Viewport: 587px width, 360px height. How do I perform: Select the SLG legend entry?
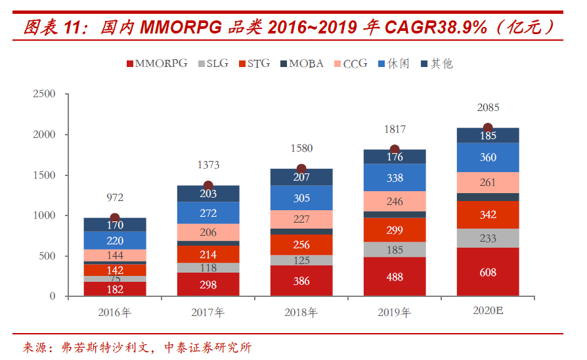213,64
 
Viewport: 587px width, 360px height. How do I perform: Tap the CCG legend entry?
351,64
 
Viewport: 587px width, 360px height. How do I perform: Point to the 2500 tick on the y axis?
44,94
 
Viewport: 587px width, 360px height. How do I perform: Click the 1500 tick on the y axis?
44,175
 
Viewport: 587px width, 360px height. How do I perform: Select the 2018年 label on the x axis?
301,313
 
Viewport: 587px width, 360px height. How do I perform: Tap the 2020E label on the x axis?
488,312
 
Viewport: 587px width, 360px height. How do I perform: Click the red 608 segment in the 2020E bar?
488,272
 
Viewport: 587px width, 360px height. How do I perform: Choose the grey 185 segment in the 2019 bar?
395,250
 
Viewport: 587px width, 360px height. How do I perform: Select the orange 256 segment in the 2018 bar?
301,245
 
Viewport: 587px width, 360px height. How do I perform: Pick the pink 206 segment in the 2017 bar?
208,233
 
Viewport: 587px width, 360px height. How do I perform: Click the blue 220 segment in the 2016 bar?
115,240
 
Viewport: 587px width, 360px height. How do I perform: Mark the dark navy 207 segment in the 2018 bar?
301,177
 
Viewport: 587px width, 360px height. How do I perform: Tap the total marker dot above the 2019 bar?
395,150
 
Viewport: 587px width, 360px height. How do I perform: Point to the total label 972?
115,197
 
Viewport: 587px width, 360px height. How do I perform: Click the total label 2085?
488,108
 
